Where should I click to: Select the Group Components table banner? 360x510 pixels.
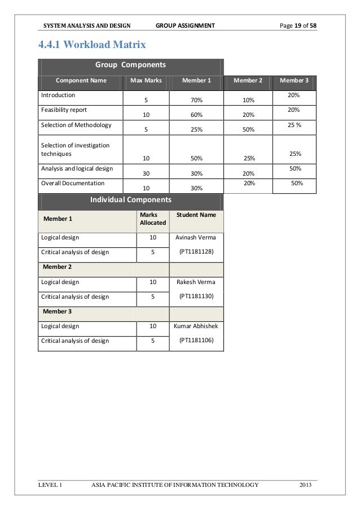[x=130, y=64]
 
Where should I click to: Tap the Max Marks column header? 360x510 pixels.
[x=146, y=80]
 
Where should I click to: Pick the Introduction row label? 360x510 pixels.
[x=57, y=95]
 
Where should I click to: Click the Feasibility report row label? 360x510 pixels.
[x=63, y=110]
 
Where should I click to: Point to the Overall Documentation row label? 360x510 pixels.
[x=72, y=184]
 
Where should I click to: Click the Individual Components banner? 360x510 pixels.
[x=130, y=199]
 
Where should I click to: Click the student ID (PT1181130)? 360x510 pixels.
[x=196, y=295]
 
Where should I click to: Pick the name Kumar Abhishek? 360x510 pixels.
[x=196, y=326]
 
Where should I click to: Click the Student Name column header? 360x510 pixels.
[x=196, y=215]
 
